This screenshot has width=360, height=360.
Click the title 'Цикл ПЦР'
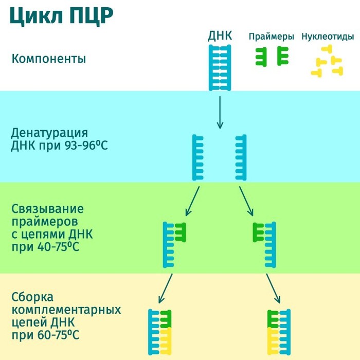click(x=62, y=16)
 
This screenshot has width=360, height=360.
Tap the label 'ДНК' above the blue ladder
click(x=220, y=36)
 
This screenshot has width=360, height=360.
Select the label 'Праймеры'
click(x=271, y=37)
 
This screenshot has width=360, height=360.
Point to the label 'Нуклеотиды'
click(x=328, y=37)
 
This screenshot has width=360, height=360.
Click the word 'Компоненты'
click(x=48, y=59)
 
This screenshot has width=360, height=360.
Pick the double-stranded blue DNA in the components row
click(x=220, y=67)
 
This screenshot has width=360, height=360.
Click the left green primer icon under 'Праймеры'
click(x=261, y=57)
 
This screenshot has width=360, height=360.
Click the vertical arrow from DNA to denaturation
click(x=220, y=111)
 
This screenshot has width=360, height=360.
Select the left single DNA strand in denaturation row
click(x=199, y=157)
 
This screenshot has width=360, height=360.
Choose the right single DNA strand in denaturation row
click(x=241, y=157)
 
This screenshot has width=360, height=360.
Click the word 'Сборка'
click(x=32, y=297)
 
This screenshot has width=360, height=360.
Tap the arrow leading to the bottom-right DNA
click(x=272, y=289)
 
